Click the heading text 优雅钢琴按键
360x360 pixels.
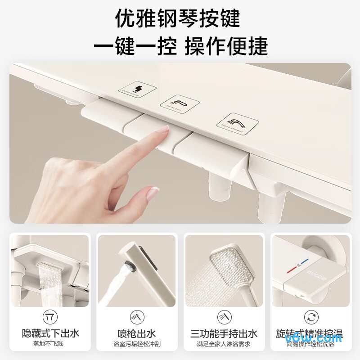click(x=180, y=19)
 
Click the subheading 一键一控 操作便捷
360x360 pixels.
click(x=180, y=46)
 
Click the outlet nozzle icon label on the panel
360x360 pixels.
click(x=138, y=89)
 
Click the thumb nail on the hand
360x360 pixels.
click(x=153, y=193)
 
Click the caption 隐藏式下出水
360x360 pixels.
click(x=50, y=333)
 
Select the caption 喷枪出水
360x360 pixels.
click(x=137, y=333)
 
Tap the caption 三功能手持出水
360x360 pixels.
click(x=224, y=333)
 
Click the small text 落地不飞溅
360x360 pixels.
click(x=50, y=344)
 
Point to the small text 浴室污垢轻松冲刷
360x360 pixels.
click(x=137, y=344)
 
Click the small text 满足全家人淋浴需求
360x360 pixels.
click(x=224, y=344)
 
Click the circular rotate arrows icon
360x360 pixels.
click(x=310, y=316)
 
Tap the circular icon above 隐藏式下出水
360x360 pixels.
click(x=50, y=316)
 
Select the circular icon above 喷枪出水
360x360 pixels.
click(x=137, y=316)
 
